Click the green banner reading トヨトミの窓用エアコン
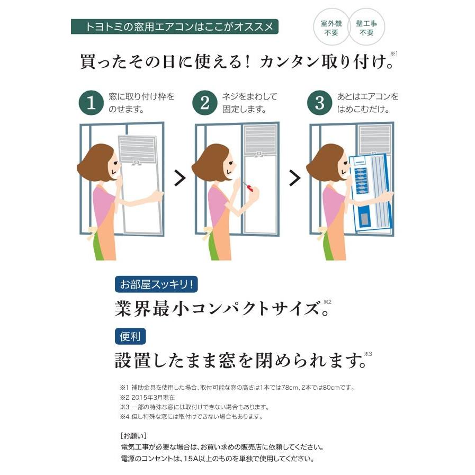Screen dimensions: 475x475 coord(174,26)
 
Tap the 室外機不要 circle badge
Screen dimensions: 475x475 coord(331,28)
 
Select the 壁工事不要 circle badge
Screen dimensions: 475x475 coord(366,28)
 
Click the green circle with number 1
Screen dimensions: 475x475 coord(92,103)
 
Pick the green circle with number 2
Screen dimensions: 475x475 coord(205,103)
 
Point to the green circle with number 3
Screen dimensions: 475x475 coord(320,103)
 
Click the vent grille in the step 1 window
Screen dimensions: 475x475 coord(137,149)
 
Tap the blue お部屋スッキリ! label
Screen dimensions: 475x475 coord(157,284)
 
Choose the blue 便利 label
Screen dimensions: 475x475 coord(130,336)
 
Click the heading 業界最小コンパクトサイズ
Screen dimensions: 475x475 coord(217,308)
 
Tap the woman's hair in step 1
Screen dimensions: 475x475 coord(96,159)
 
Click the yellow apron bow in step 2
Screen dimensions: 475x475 coord(208,231)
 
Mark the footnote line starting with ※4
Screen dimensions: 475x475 coord(191,417)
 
